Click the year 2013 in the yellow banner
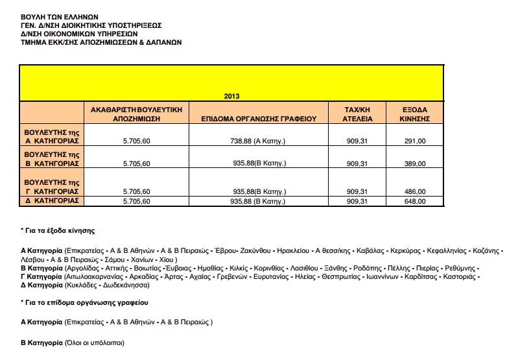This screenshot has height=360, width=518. click(231, 97)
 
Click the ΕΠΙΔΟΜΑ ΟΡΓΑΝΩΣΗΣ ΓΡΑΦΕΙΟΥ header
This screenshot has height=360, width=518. click(258, 119)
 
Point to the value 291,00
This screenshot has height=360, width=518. click(414, 141)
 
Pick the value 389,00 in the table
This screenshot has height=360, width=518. click(414, 163)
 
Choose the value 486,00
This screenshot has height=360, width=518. click(414, 191)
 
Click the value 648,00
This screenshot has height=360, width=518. click(414, 201)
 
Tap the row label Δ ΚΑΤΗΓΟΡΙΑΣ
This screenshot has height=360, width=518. click(52, 200)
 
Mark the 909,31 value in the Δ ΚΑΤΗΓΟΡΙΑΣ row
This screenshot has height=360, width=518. click(357, 201)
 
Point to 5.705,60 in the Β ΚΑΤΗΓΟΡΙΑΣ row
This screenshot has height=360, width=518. click(136, 163)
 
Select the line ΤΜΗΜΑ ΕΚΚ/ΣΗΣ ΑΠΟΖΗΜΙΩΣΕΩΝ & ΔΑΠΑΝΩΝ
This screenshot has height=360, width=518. click(101, 42)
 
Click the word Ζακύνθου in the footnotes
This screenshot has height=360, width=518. click(252, 250)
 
